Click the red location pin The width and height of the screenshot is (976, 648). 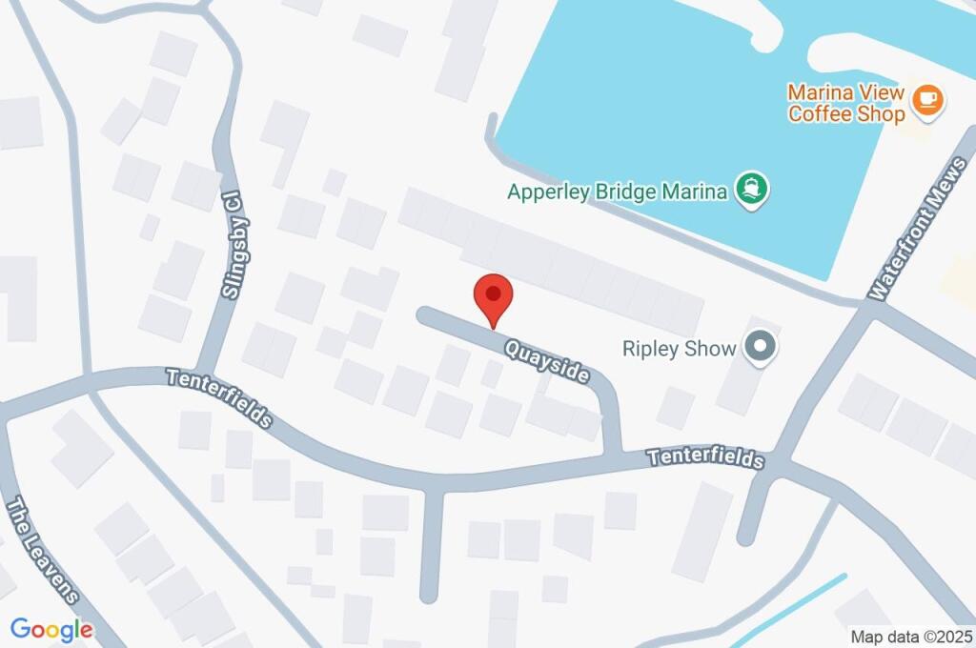point(494,296)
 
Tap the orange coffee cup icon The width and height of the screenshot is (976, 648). point(925,99)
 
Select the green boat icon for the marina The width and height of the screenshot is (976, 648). point(753,191)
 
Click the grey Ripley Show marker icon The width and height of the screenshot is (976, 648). point(761,348)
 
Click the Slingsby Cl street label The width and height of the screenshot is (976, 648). point(230,243)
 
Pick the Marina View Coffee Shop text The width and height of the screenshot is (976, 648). point(846,103)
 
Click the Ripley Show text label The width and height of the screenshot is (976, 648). point(679,349)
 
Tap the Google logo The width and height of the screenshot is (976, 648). point(51,629)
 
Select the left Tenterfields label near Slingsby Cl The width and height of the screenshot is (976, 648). point(219,396)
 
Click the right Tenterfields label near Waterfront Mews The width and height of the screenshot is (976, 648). point(705,457)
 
